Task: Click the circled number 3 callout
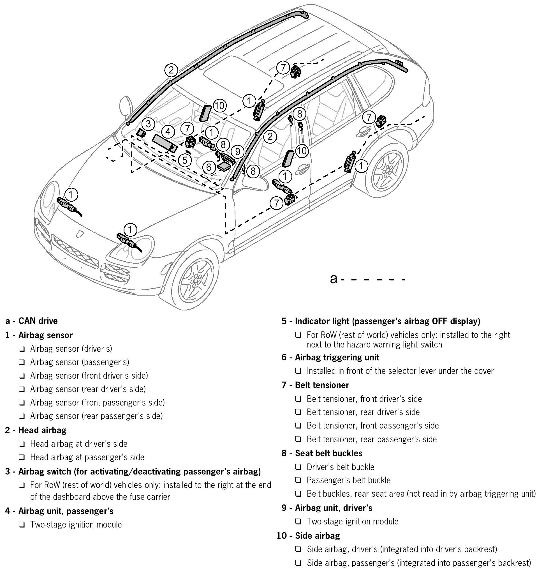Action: [148, 124]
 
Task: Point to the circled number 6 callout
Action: [209, 167]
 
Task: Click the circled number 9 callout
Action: [237, 151]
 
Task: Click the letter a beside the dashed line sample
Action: [333, 279]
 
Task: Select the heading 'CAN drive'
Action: [38, 321]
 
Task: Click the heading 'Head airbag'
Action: [42, 430]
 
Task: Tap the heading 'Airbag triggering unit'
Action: [337, 357]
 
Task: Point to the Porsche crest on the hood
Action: [79, 234]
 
